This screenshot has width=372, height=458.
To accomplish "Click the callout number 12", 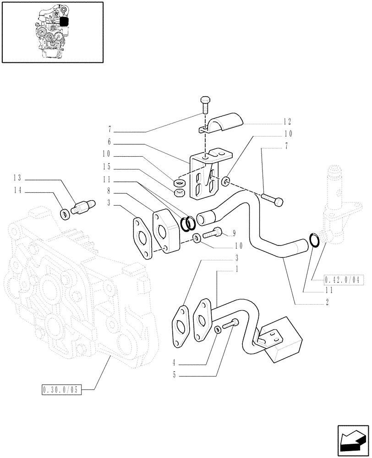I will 287,122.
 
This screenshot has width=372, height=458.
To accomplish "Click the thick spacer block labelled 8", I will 165,231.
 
